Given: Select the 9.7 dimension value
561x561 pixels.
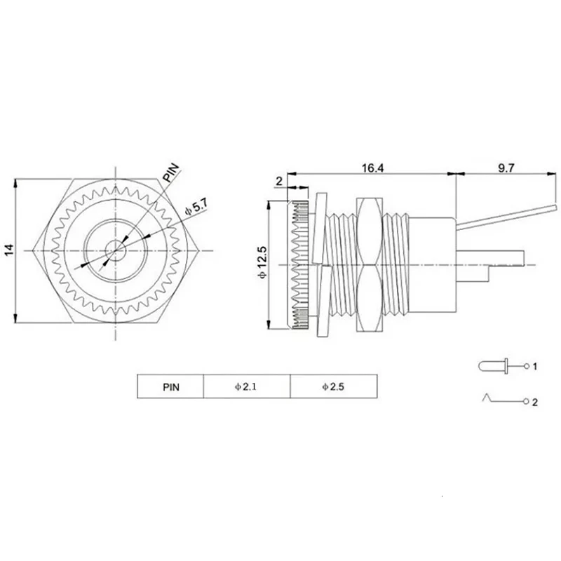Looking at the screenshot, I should tap(507, 168).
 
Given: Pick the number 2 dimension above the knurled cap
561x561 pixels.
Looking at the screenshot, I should tap(279, 182).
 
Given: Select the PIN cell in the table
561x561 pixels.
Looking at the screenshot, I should tap(170, 386).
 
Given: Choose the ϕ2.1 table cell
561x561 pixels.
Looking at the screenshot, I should tap(246, 386).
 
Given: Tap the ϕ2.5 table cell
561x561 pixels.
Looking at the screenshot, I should tap(333, 386).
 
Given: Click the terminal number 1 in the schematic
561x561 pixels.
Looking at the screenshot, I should tap(534, 367).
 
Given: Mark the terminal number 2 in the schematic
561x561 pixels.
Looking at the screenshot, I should tap(534, 403).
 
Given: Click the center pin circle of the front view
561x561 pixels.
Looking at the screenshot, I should tap(114, 249).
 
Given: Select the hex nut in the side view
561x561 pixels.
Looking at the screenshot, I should tap(370, 264).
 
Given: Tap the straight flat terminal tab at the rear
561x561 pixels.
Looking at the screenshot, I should tap(491, 257).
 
